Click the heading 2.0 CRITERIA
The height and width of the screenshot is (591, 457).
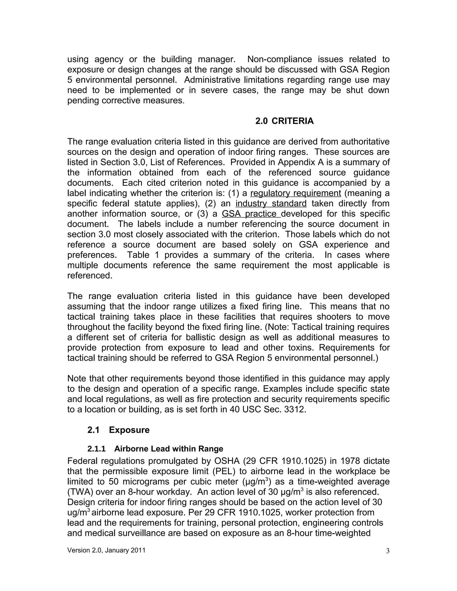[284, 121]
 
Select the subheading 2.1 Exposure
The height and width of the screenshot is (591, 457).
[118, 430]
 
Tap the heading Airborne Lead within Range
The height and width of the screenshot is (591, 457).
[168, 449]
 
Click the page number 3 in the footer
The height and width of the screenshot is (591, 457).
[388, 551]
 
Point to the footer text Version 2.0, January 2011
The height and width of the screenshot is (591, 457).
[106, 550]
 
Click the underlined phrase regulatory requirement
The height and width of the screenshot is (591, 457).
[295, 193]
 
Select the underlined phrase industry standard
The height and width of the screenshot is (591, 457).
[271, 203]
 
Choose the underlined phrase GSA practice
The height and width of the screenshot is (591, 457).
[251, 214]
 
